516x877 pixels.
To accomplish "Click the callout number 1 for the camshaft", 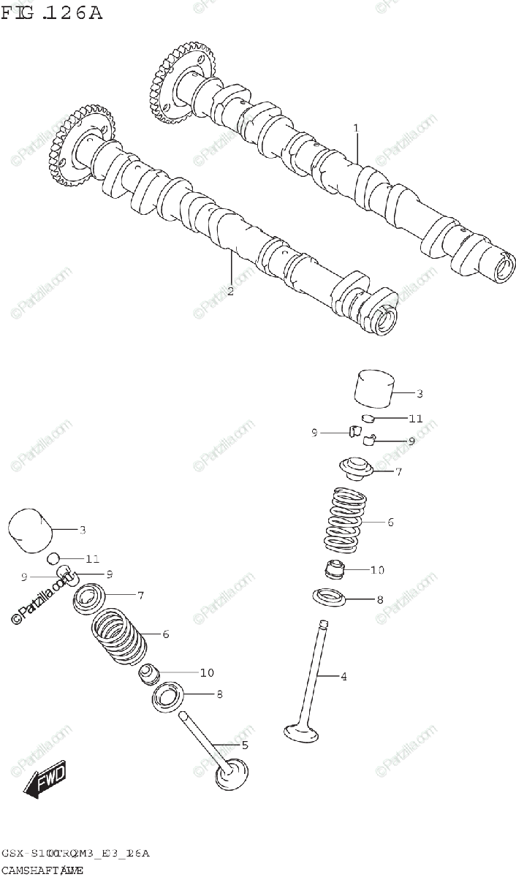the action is tap(356, 129).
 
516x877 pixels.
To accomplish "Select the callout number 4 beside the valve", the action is tap(343, 676).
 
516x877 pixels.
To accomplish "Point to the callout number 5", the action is tap(245, 745).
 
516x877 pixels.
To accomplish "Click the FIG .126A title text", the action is tap(52, 13).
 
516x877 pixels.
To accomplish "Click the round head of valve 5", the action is tap(232, 776).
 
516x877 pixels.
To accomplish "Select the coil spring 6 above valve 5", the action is tap(117, 634).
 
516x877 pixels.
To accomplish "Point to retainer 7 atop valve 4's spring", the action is tap(354, 468).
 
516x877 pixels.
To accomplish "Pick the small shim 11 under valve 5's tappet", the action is tap(53, 560).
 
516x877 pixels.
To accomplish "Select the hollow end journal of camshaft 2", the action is tap(385, 319).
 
